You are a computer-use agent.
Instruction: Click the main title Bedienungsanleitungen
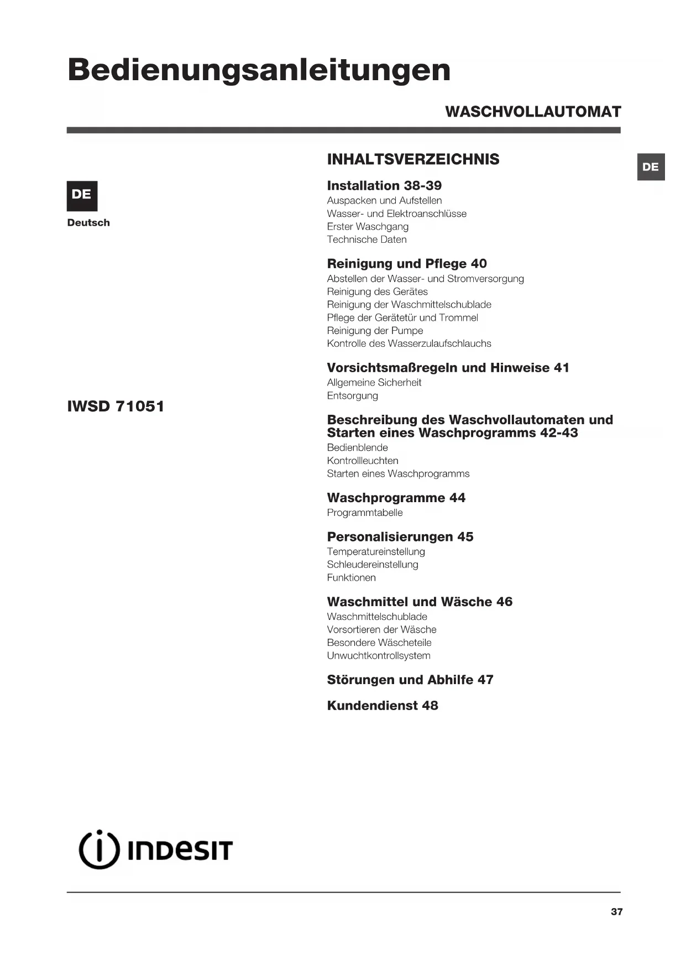click(259, 70)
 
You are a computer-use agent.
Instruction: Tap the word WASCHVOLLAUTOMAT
click(533, 112)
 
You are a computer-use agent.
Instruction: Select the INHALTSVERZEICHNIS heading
click(413, 159)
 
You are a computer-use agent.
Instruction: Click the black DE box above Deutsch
click(82, 195)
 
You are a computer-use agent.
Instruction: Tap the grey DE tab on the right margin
click(651, 167)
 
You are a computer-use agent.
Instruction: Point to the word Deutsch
click(88, 223)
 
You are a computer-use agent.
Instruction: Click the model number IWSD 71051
click(116, 406)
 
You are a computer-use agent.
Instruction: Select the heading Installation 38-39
click(384, 186)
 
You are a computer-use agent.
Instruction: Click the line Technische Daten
click(366, 239)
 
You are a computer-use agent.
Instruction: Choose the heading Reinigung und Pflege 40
click(407, 264)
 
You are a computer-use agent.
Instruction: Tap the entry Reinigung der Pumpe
click(375, 331)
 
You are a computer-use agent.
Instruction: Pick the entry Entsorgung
click(352, 396)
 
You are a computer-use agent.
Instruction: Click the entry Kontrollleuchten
click(362, 461)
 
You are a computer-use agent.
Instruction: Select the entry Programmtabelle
click(364, 513)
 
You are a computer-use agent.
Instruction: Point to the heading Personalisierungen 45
click(400, 537)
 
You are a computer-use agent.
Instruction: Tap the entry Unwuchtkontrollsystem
click(378, 656)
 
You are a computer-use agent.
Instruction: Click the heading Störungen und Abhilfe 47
click(410, 680)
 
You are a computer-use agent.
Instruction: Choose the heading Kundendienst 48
click(383, 706)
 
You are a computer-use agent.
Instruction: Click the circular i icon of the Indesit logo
click(99, 850)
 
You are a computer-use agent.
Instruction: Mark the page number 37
click(616, 912)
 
